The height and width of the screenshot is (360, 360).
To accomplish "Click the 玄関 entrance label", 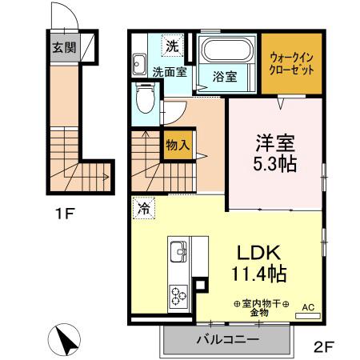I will coord(63,47).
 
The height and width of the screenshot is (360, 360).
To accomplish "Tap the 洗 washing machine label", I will coord(172,46).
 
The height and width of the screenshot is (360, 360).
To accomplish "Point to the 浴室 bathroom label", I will coord(224,77).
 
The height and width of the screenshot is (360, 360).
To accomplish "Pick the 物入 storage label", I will coord(177,146).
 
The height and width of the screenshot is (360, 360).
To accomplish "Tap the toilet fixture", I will coord(145,102).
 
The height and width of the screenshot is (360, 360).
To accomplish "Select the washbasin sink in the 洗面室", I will coord(138,63).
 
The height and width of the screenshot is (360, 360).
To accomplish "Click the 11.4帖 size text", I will coord(257,274).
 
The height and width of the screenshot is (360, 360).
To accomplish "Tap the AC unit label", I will coord(308,308).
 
